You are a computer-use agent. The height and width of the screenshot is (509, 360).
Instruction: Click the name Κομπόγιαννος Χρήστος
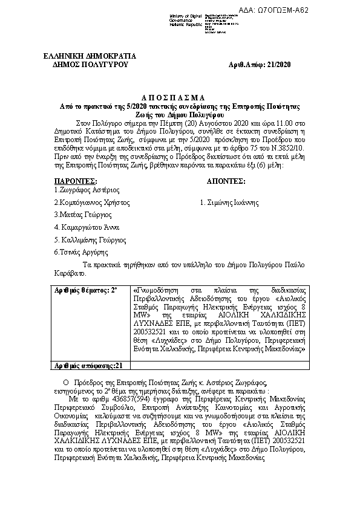click(x=92, y=202)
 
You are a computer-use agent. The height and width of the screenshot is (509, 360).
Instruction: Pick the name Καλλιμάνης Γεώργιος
click(x=90, y=239)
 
